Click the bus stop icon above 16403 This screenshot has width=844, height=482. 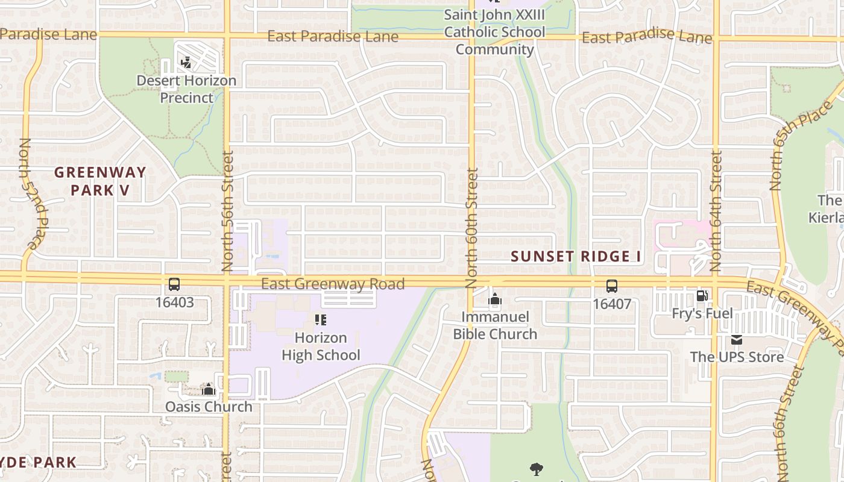click(174, 284)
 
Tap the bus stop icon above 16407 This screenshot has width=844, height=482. click(611, 286)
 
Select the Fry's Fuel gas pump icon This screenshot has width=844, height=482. click(702, 295)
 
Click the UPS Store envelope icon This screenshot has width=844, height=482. click(737, 340)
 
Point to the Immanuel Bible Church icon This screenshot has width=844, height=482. click(495, 299)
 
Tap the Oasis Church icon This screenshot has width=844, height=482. click(209, 389)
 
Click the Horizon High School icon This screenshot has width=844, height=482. click(321, 320)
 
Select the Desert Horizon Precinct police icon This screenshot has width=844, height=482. click(186, 62)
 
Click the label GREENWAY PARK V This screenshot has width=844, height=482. click(100, 181)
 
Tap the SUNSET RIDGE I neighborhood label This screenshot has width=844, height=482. click(576, 257)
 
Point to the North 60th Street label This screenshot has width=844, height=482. click(471, 228)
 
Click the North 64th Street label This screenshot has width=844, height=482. click(716, 211)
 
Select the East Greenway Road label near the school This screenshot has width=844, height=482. click(333, 284)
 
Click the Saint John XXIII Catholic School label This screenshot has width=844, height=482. click(494, 31)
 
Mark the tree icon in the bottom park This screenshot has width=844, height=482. click(536, 469)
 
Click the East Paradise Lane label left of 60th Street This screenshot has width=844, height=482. click(333, 37)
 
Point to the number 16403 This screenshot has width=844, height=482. click(174, 302)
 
